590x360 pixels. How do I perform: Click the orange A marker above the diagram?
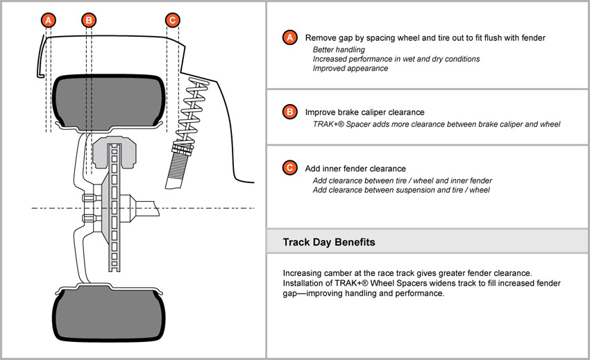coord(48,20)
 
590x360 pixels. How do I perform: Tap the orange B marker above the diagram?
coord(88,20)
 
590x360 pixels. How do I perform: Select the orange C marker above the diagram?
coord(173,20)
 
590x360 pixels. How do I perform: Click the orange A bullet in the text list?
coord(289,37)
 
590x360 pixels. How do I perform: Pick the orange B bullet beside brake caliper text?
coord(289,112)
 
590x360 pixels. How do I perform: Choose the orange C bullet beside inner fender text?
coord(289,168)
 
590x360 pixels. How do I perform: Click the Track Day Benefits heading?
coord(330,242)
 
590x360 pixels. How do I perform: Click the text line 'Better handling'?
coord(339,50)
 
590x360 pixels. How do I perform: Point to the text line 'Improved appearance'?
coord(351,68)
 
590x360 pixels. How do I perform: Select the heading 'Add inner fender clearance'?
coord(355,169)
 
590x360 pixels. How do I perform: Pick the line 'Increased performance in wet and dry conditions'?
coord(396,59)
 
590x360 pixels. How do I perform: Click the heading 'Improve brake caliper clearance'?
coord(364,112)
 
